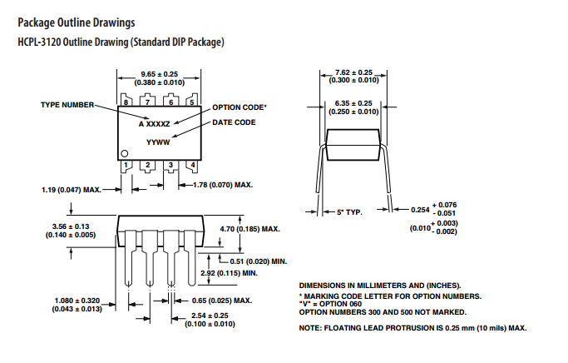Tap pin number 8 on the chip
(127, 102)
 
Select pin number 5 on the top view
(192, 102)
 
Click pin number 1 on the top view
(127, 166)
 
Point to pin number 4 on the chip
(192, 166)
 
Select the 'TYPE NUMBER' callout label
(67, 105)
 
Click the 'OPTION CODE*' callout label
(240, 107)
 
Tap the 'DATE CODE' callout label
(234, 122)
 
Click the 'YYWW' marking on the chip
(158, 142)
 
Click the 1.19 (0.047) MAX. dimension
(71, 190)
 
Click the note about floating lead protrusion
(412, 328)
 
